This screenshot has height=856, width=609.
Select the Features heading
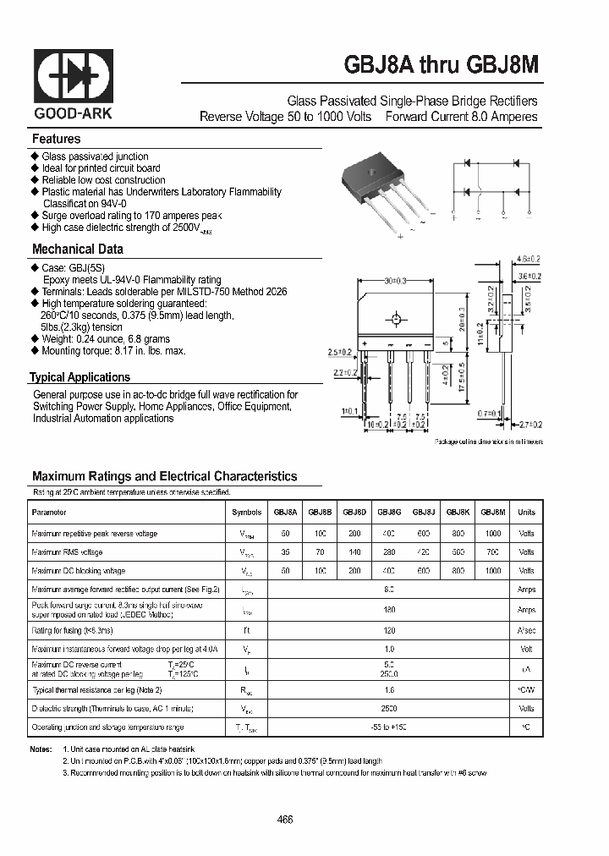tap(57, 139)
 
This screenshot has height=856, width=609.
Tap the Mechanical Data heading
tap(78, 249)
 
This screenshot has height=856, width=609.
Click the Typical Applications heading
tap(80, 377)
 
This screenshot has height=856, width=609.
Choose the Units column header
tap(526, 513)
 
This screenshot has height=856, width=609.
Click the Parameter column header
tap(49, 513)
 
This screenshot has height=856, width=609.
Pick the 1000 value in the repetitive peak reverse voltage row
tap(493, 534)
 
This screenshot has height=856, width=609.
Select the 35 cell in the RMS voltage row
tap(285, 552)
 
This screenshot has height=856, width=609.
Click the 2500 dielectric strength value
tap(388, 709)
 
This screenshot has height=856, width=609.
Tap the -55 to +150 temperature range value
tap(388, 727)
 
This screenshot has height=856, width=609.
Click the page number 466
tap(286, 820)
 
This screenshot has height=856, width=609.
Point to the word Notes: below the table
tap(41, 749)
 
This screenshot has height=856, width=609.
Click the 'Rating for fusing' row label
tap(73, 630)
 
